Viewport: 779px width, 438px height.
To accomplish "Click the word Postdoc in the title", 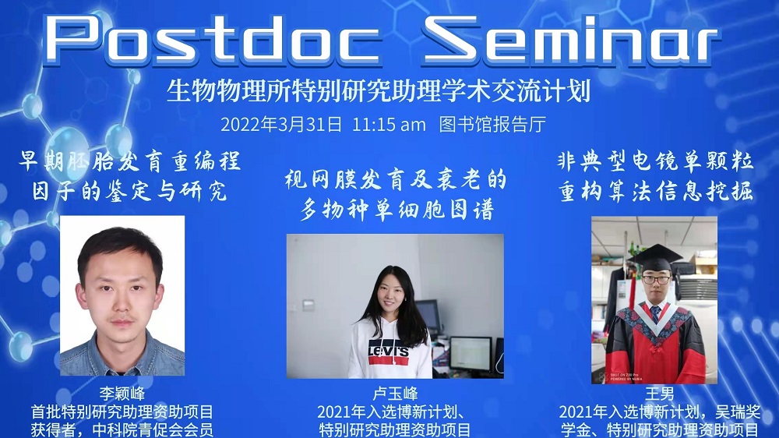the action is coord(213,40).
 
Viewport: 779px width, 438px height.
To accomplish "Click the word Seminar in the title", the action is coord(571,40).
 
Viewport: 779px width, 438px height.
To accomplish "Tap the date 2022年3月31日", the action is coord(281,124).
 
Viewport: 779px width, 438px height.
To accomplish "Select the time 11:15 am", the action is coord(389,124).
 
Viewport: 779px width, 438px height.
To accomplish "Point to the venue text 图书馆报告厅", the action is coord(492,124).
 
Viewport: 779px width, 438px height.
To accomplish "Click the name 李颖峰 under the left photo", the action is coord(122,394).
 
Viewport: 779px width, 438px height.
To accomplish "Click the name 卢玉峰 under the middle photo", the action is coord(395,394).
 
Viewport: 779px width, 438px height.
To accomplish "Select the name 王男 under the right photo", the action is coord(659,394).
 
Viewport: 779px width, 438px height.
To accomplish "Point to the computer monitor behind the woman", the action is coord(470,354).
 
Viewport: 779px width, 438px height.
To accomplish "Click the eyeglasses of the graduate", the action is coord(656,280).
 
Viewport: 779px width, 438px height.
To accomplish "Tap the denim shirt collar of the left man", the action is coord(122,348).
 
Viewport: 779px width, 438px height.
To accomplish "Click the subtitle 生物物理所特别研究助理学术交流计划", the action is coord(379,90).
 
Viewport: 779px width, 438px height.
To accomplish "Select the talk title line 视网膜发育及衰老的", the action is coord(396,179).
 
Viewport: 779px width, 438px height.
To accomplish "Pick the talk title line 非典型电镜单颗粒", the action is coord(656,161).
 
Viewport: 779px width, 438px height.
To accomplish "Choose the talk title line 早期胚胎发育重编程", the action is coord(130,161).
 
